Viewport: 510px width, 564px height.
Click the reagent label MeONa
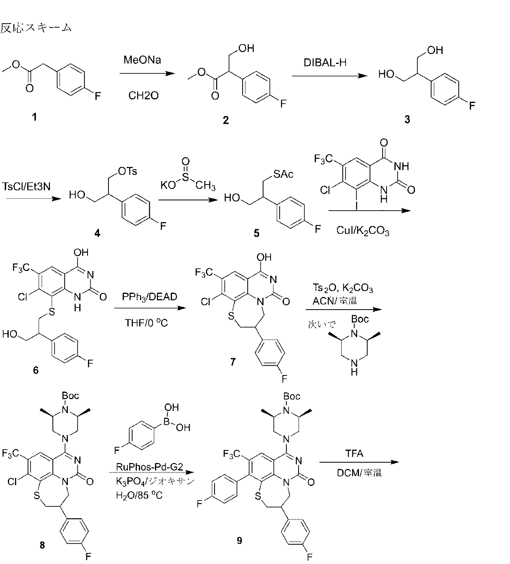(x=142, y=60)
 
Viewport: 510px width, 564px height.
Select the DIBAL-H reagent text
(x=325, y=62)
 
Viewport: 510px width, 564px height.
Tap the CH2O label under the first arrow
(x=144, y=95)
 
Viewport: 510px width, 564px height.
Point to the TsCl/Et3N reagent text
(x=26, y=187)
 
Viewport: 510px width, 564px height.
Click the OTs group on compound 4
(x=127, y=171)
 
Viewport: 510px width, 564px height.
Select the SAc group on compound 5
(x=283, y=174)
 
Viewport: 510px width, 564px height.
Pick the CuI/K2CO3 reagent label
(x=362, y=231)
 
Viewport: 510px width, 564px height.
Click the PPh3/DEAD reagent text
(x=149, y=297)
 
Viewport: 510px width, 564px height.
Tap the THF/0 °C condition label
(x=146, y=323)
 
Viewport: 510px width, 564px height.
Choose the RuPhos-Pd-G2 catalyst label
(x=149, y=467)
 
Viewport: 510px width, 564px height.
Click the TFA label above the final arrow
(x=354, y=454)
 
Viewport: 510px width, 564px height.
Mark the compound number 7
(x=233, y=362)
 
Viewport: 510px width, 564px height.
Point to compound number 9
(x=239, y=540)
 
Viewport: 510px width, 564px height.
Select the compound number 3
(x=407, y=120)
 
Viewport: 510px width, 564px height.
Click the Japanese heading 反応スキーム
(x=36, y=28)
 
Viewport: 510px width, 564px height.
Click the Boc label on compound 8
(x=70, y=396)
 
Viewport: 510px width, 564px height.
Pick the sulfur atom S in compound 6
(x=52, y=312)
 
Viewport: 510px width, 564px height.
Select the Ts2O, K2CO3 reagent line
(x=343, y=288)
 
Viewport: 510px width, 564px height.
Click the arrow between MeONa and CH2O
(x=147, y=74)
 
